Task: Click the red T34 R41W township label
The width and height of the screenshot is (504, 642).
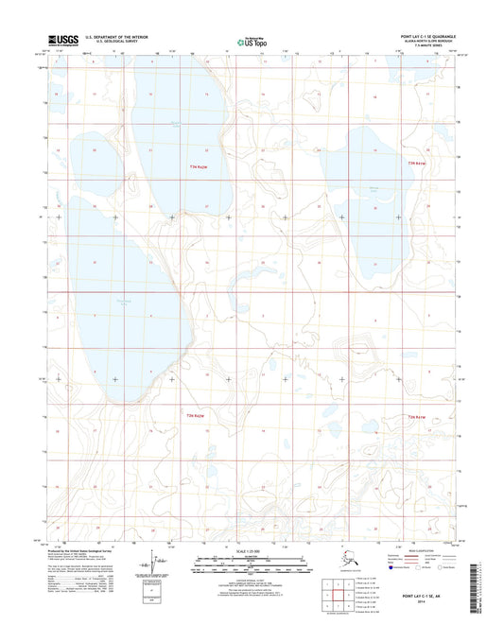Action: [x=417, y=166]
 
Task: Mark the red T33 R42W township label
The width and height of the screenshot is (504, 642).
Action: [x=192, y=417]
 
